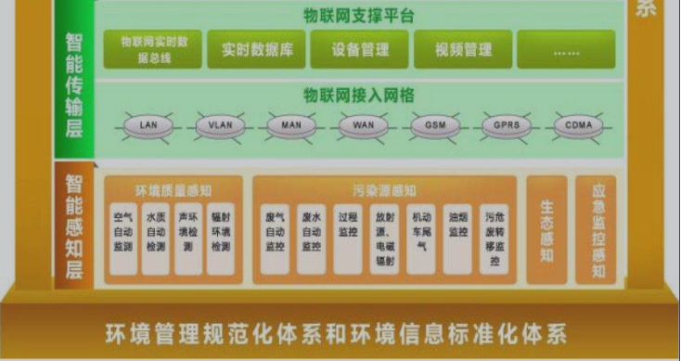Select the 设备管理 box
coord(359,49)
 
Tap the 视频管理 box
coord(463,49)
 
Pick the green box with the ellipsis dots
coord(566,49)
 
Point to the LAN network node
coord(148,124)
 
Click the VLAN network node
coord(220,124)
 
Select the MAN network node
coord(291,124)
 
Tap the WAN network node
coord(363,124)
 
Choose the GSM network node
coord(434,124)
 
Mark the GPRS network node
coord(507,124)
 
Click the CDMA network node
coord(578,124)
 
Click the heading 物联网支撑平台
coord(358,16)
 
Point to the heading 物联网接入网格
coord(358,96)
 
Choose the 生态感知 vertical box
coord(546,229)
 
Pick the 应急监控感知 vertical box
coord(597,229)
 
